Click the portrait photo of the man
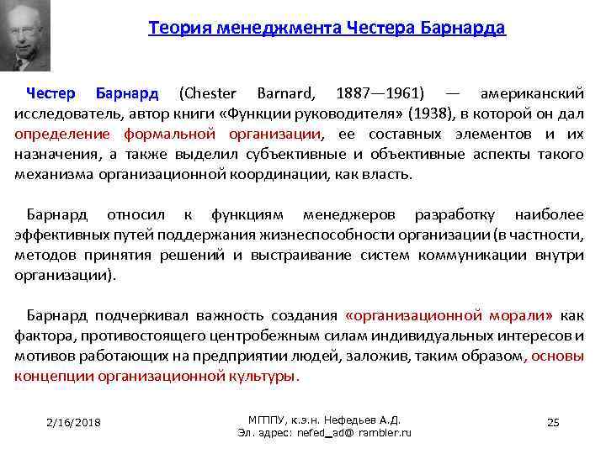[26, 35]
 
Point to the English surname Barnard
[284, 92]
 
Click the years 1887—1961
[380, 92]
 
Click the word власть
[385, 175]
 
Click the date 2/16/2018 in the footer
[74, 422]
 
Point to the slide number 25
[553, 422]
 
